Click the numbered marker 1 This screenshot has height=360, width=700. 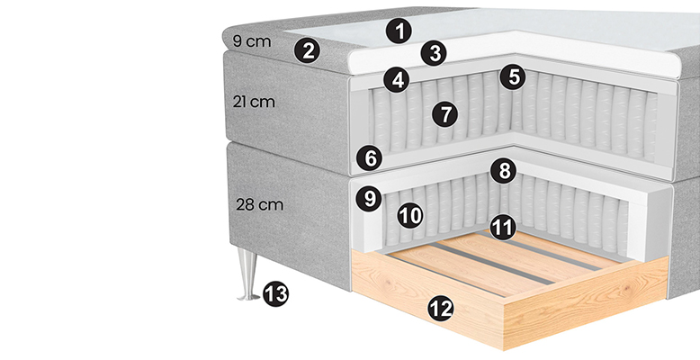tap(399, 31)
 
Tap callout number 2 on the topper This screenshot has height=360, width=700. tap(307, 50)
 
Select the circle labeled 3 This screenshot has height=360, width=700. tap(434, 53)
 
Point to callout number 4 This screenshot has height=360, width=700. tap(397, 80)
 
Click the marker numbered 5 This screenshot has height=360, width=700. tap(513, 76)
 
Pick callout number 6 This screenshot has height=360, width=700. tap(370, 158)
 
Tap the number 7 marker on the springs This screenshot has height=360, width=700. tap(444, 114)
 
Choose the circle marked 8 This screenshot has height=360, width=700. tap(503, 170)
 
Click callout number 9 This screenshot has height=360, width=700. tap(369, 198)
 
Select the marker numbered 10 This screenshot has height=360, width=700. tap(410, 215)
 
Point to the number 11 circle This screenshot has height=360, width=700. tap(503, 228)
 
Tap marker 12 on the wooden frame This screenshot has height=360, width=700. tap(441, 309)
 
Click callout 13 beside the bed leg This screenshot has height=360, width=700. tap(275, 294)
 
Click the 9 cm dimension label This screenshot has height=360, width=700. tap(252, 41)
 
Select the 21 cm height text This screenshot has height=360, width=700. tap(254, 102)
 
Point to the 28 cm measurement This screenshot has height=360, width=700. tap(259, 205)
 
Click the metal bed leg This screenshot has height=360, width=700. tap(247, 274)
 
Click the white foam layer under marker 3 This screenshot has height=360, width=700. tap(514, 53)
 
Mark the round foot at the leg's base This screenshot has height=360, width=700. tap(248, 297)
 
